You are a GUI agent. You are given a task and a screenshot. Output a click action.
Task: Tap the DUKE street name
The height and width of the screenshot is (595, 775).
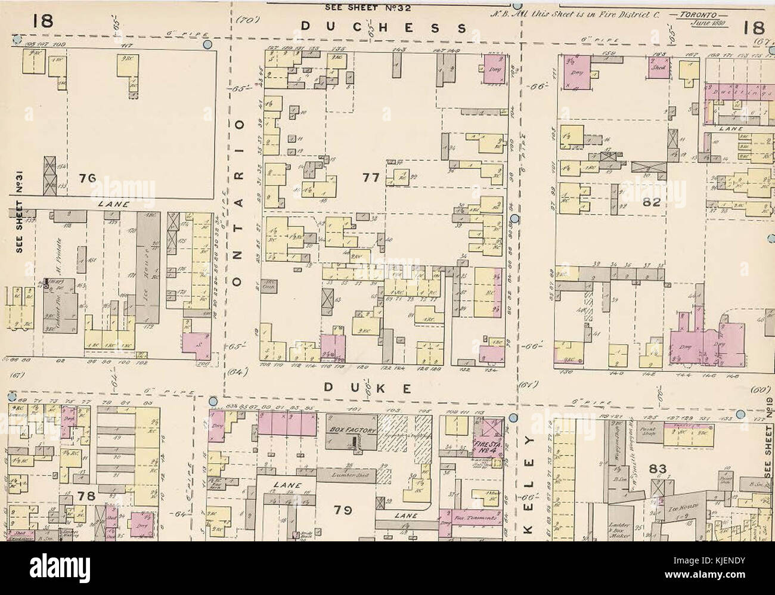(x=368, y=389)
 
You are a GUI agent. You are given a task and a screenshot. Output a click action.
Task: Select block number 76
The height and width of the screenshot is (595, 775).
(x=87, y=178)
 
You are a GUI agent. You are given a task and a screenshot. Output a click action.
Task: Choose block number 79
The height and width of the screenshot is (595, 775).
(x=344, y=510)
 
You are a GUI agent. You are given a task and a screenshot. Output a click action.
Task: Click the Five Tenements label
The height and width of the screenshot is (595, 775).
(x=475, y=519)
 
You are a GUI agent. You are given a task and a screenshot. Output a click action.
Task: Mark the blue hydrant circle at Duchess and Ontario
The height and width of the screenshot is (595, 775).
(x=207, y=44)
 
